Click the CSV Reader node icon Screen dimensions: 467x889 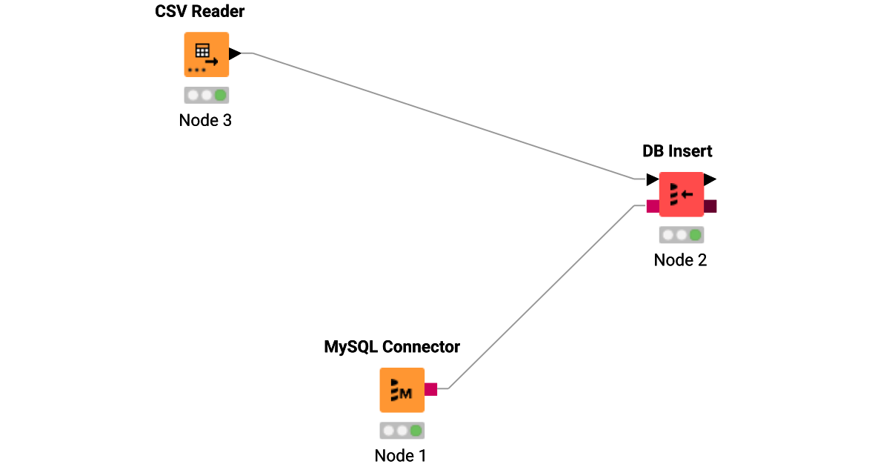(x=206, y=54)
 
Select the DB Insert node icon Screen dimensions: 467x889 (x=681, y=194)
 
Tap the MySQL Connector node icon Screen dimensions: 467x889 (x=402, y=390)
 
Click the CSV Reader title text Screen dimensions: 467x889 (x=200, y=12)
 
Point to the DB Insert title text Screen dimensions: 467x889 (x=676, y=151)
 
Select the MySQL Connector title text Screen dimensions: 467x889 (x=392, y=347)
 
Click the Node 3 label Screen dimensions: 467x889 (x=205, y=120)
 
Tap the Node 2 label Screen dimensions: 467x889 (x=680, y=260)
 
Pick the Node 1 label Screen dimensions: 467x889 (x=401, y=455)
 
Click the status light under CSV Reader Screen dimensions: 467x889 (x=206, y=95)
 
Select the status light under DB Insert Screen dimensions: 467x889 (x=681, y=235)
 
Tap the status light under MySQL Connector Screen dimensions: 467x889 (x=402, y=430)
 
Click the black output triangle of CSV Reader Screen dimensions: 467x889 (x=235, y=53)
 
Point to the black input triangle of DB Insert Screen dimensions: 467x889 (x=652, y=179)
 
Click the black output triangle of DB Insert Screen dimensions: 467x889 (x=710, y=179)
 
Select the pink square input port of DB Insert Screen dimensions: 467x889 (x=653, y=206)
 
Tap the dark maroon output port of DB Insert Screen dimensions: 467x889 (x=710, y=206)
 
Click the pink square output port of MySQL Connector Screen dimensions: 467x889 (x=430, y=389)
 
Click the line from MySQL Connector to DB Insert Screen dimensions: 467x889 (x=541, y=297)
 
